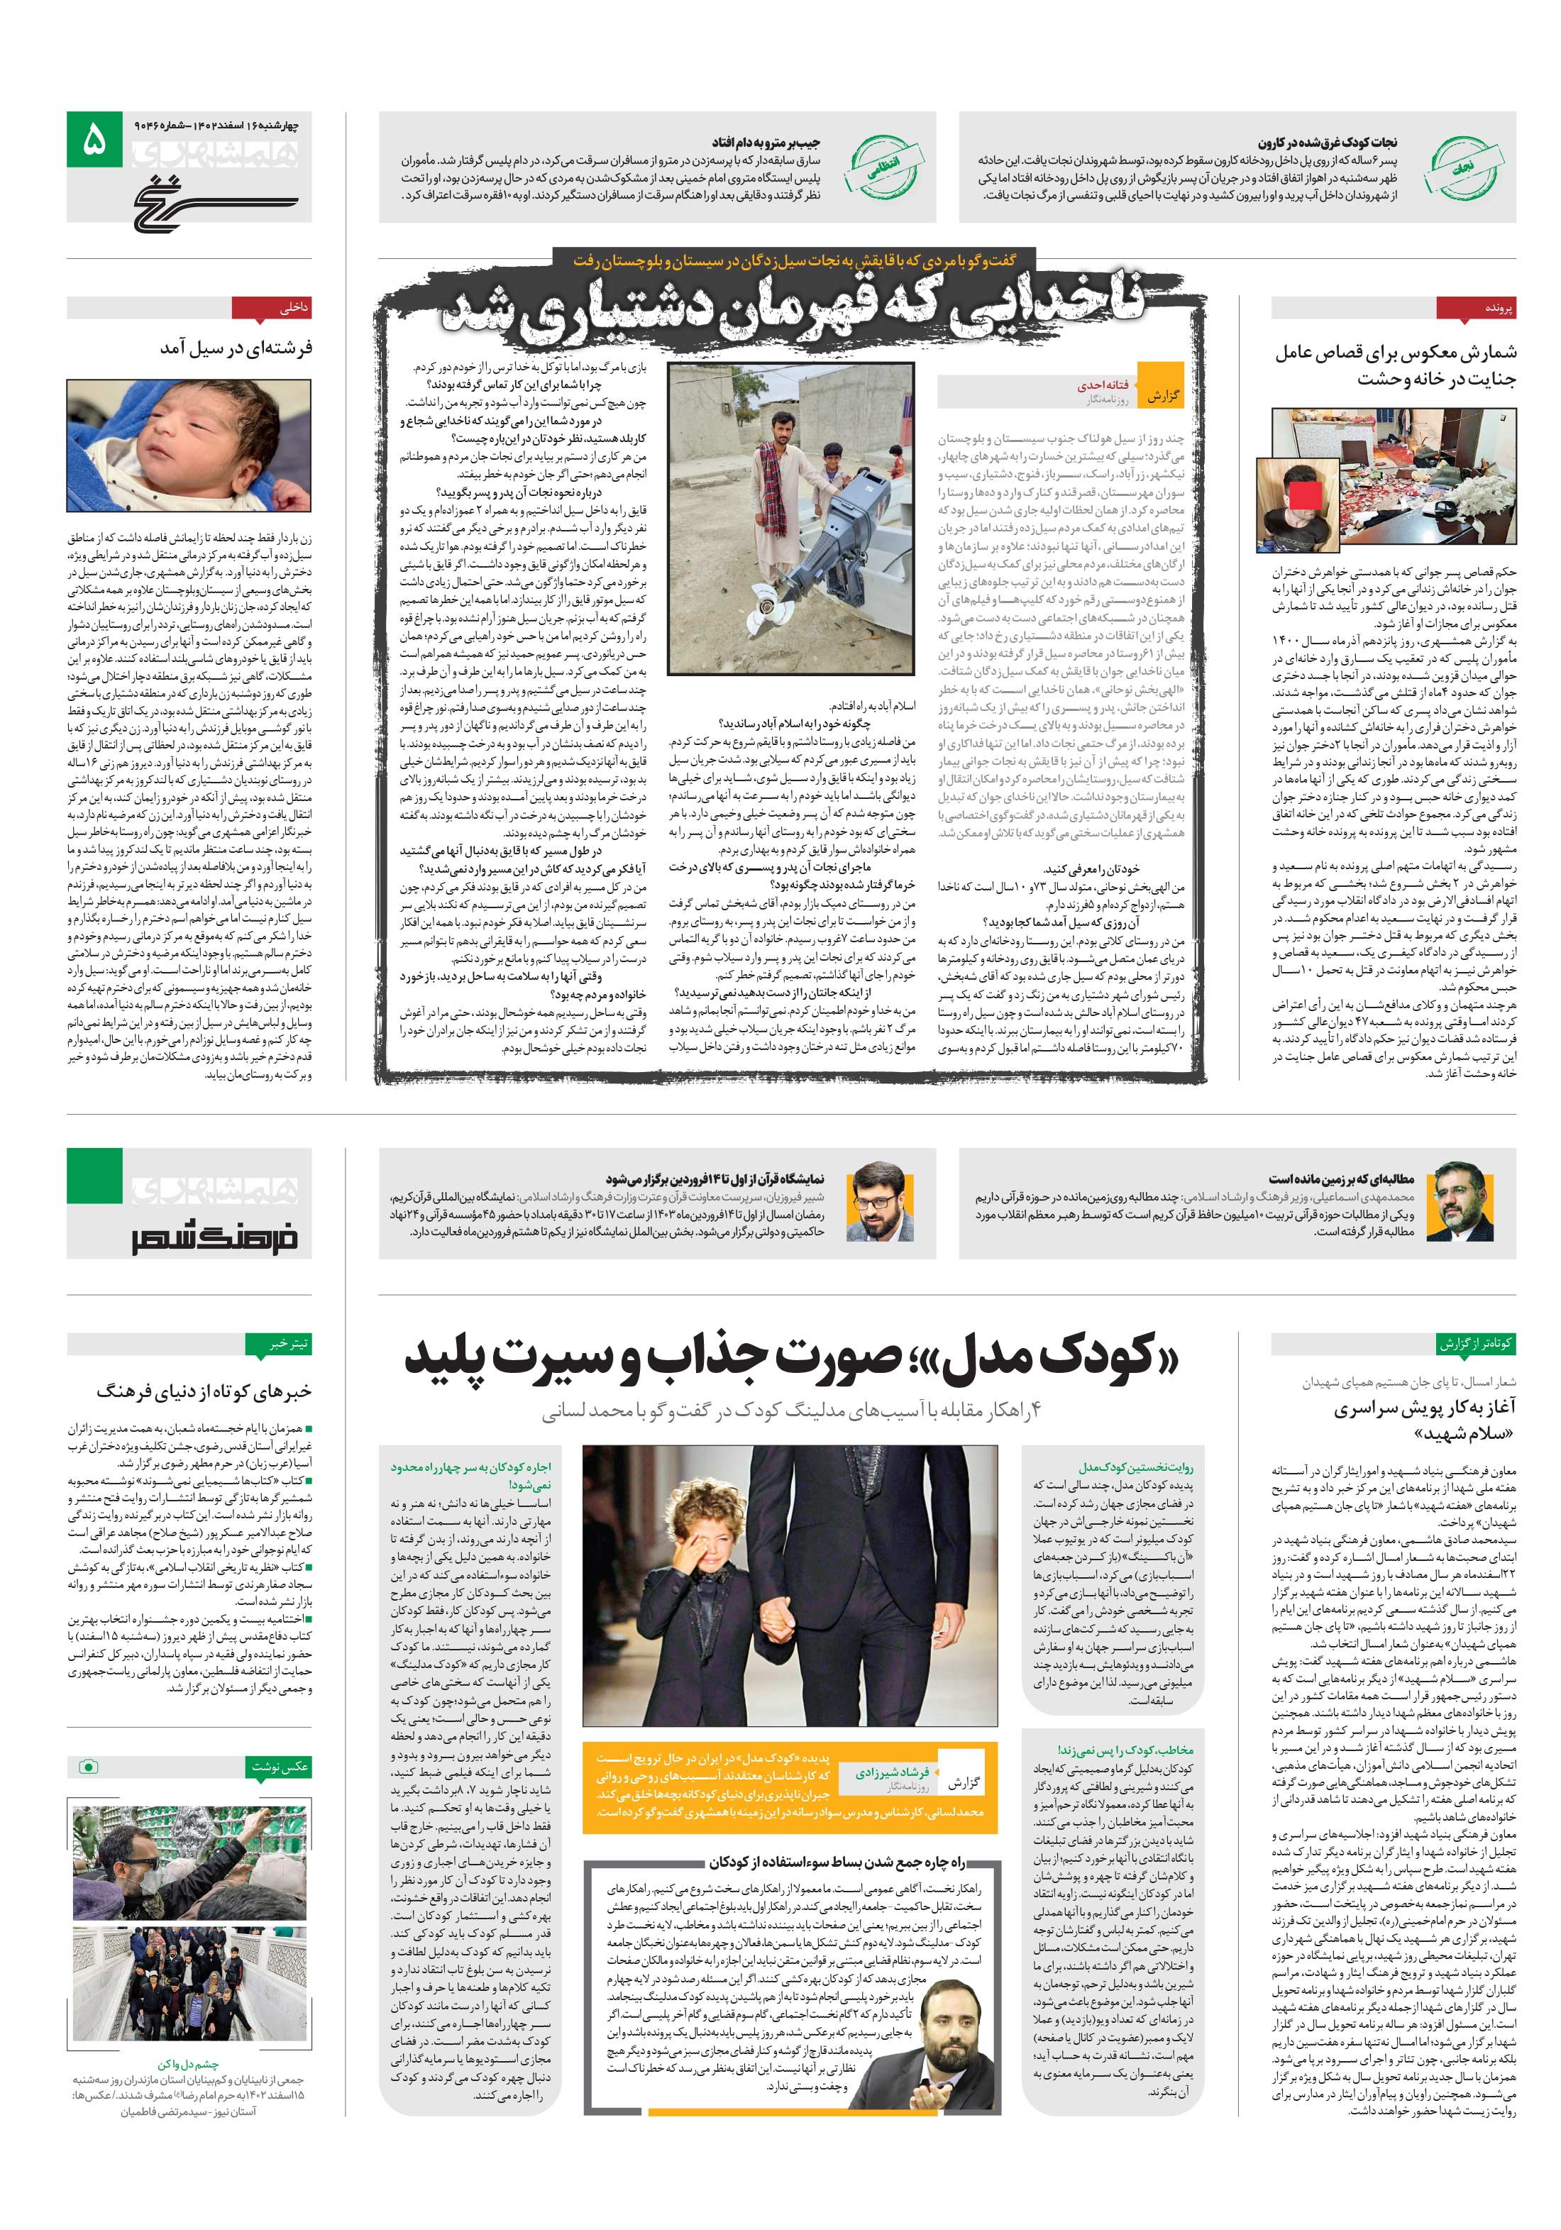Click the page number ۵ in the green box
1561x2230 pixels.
tap(93, 140)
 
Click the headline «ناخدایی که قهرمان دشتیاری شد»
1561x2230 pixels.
tap(793, 308)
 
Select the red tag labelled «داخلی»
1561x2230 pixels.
tap(292, 308)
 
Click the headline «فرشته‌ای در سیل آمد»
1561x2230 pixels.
tap(236, 348)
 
